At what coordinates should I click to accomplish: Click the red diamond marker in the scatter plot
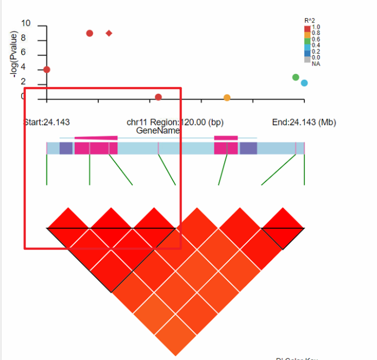109,33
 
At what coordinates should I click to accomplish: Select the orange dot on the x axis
227,98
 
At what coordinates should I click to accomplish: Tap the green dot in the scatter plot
296,78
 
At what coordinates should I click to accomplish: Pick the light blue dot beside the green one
304,83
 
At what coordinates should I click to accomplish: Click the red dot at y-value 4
47,69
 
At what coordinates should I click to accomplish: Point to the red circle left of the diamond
89,33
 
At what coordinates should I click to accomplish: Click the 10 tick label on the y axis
26,25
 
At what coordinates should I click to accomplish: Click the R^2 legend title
309,21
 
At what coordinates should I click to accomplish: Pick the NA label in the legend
316,64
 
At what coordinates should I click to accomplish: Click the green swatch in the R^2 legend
308,39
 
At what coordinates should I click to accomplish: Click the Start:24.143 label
47,122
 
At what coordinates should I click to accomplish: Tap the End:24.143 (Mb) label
304,122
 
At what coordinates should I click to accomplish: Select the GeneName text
158,131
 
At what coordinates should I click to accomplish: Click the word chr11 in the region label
137,122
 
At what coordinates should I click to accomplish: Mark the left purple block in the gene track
66,148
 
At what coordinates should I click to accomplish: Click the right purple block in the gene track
248,148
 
